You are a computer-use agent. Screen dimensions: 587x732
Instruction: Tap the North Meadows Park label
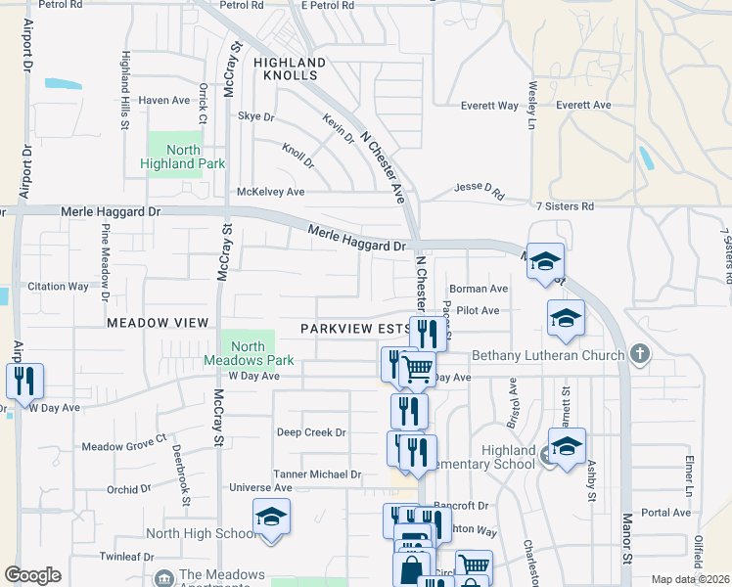249,353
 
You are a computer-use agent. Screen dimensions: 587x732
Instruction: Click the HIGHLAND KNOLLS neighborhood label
287,68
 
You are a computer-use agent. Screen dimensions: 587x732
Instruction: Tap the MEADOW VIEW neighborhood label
158,322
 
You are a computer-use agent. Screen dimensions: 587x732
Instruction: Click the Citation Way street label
58,287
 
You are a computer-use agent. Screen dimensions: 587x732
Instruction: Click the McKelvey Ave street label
271,192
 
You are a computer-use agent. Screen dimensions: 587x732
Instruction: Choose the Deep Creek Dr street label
311,432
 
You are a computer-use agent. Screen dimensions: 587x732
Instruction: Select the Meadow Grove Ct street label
124,446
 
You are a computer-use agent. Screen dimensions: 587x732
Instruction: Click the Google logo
32,575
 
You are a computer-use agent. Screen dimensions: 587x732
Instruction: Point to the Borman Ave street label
479,289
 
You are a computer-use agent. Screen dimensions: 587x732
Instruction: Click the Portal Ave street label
666,512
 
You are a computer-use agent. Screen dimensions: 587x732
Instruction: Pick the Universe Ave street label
260,487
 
